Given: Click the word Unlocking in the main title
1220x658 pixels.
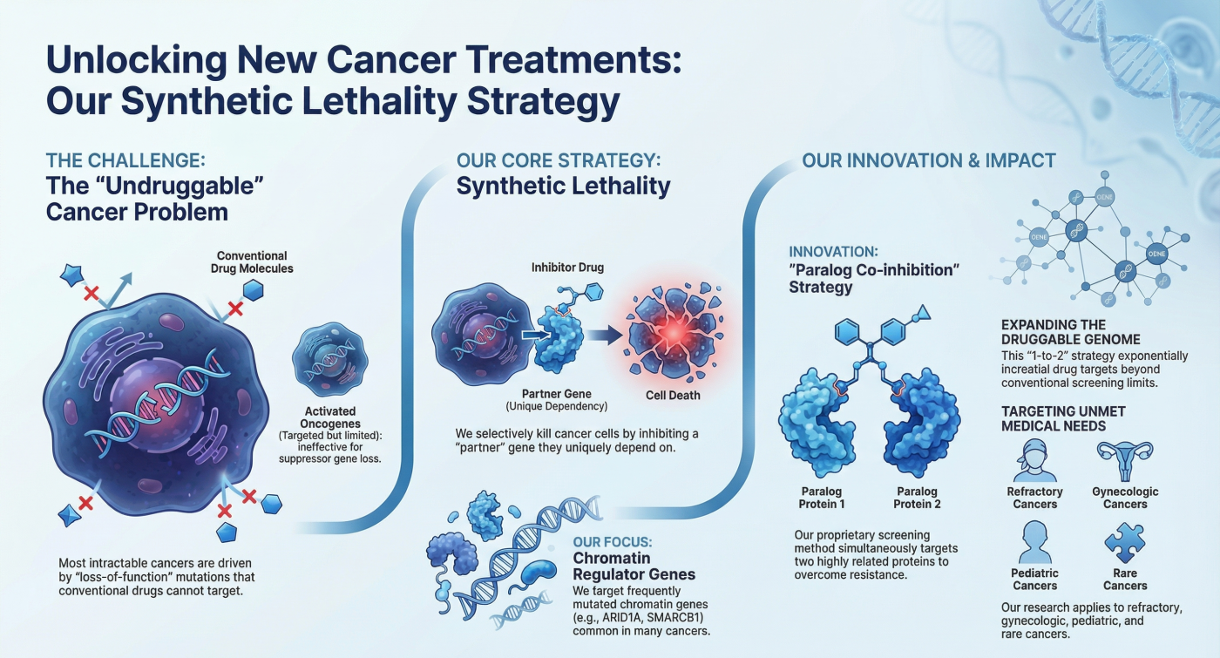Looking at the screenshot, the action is [136, 60].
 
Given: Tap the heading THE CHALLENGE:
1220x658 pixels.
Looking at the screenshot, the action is [125, 160].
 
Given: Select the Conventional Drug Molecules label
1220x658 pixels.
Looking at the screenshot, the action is [252, 262].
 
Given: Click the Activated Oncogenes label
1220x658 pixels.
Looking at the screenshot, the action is [330, 417].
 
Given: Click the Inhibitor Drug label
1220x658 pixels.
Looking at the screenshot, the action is [567, 268].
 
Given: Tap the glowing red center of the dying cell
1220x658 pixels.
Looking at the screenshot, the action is [674, 332].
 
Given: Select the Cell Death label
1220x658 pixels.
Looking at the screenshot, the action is [673, 396].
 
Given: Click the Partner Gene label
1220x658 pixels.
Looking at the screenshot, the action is [557, 394].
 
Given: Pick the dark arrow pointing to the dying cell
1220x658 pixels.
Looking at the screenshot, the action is [605, 335].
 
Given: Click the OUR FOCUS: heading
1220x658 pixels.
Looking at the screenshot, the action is [612, 542].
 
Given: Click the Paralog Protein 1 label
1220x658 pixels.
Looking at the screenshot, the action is [821, 498].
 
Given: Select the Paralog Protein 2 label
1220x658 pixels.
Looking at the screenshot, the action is [917, 498].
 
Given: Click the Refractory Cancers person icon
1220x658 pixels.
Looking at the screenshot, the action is [1034, 461].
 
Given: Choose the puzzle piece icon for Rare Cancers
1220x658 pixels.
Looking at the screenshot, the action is [1125, 543].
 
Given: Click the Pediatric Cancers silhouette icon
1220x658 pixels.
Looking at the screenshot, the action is [1034, 542].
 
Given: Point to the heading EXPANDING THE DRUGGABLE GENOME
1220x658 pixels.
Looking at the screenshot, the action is [1071, 332].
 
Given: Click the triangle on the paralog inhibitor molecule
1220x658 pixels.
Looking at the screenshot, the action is [923, 313].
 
